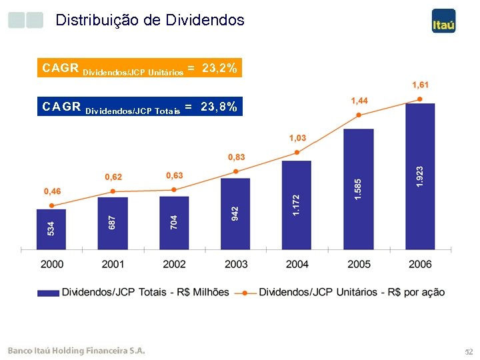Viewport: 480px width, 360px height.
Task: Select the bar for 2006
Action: [x=420, y=176]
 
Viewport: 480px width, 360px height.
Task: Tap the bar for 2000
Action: [x=51, y=229]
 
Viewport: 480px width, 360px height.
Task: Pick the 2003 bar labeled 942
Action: [x=235, y=213]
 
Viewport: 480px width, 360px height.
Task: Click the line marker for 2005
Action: [x=359, y=115]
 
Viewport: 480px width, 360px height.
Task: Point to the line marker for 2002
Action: [x=174, y=189]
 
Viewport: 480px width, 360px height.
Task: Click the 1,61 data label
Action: [x=420, y=85]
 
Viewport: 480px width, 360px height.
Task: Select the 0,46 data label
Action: [x=52, y=191]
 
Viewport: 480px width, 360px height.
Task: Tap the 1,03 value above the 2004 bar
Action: [x=297, y=138]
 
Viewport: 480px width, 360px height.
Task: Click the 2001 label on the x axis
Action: [x=113, y=265]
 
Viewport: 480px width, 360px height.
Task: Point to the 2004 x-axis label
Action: [x=297, y=265]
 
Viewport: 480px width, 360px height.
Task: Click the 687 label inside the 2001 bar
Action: [x=113, y=223]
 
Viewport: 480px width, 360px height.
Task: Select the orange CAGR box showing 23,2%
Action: [x=139, y=68]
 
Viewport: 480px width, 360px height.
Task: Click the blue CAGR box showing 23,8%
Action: [x=139, y=107]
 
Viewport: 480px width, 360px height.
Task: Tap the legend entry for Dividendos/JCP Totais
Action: [x=133, y=292]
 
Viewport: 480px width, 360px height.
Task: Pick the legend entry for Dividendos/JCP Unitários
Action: [x=343, y=292]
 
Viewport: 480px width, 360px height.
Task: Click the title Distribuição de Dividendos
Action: [x=150, y=20]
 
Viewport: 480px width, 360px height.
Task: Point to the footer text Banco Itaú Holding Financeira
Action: [x=76, y=351]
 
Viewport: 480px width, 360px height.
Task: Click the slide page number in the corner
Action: [x=467, y=351]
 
